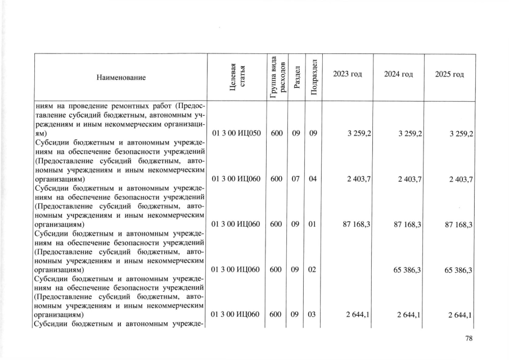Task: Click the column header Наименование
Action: pos(120,77)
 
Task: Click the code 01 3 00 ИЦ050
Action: pos(235,134)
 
